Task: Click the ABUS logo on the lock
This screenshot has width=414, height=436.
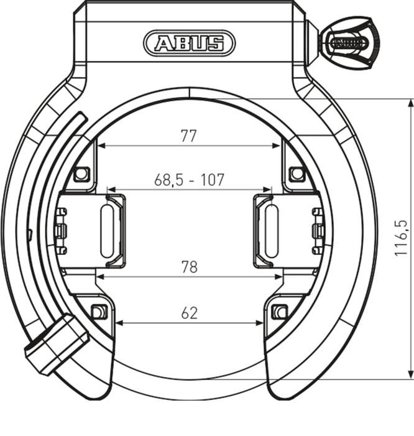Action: pos(189,43)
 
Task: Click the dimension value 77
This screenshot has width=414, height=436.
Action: pos(189,136)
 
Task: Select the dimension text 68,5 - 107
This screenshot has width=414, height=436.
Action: pos(189,180)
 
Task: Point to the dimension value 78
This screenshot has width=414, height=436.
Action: pos(189,267)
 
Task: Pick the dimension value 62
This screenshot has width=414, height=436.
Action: pos(189,313)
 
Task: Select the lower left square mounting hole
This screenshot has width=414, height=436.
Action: pos(98,312)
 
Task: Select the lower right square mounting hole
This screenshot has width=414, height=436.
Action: pos(280,312)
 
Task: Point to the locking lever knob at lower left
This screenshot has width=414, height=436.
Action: pos(55,344)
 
